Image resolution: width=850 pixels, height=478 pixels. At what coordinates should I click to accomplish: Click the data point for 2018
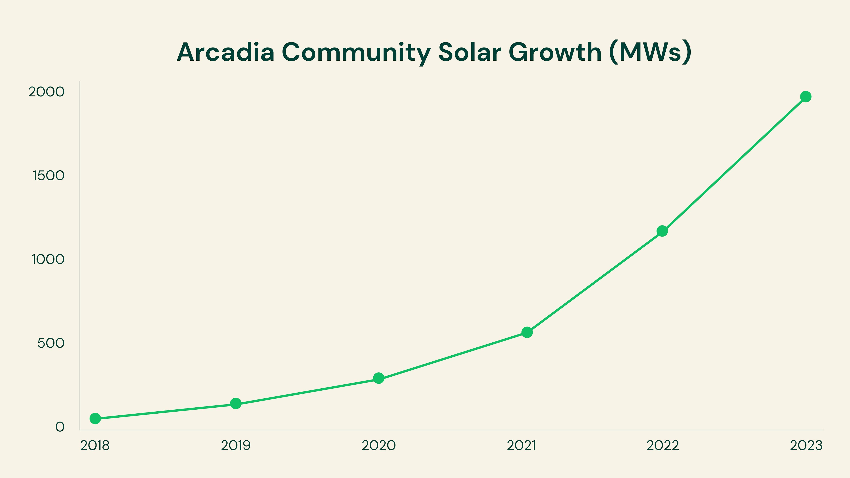click(x=95, y=418)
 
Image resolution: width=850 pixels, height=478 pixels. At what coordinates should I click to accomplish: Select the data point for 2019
click(x=236, y=403)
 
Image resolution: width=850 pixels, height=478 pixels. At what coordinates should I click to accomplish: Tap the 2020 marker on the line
click(x=379, y=378)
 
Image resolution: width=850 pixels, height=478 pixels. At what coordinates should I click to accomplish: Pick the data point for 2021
click(x=527, y=332)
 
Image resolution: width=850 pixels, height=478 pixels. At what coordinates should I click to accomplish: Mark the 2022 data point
click(x=662, y=231)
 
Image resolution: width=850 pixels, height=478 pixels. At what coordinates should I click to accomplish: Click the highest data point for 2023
click(x=806, y=97)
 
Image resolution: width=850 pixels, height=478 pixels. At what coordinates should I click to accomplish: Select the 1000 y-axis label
click(x=48, y=260)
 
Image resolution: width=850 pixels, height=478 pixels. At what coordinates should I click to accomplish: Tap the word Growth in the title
click(x=555, y=52)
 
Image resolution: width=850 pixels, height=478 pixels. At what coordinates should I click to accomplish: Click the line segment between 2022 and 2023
click(x=734, y=164)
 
